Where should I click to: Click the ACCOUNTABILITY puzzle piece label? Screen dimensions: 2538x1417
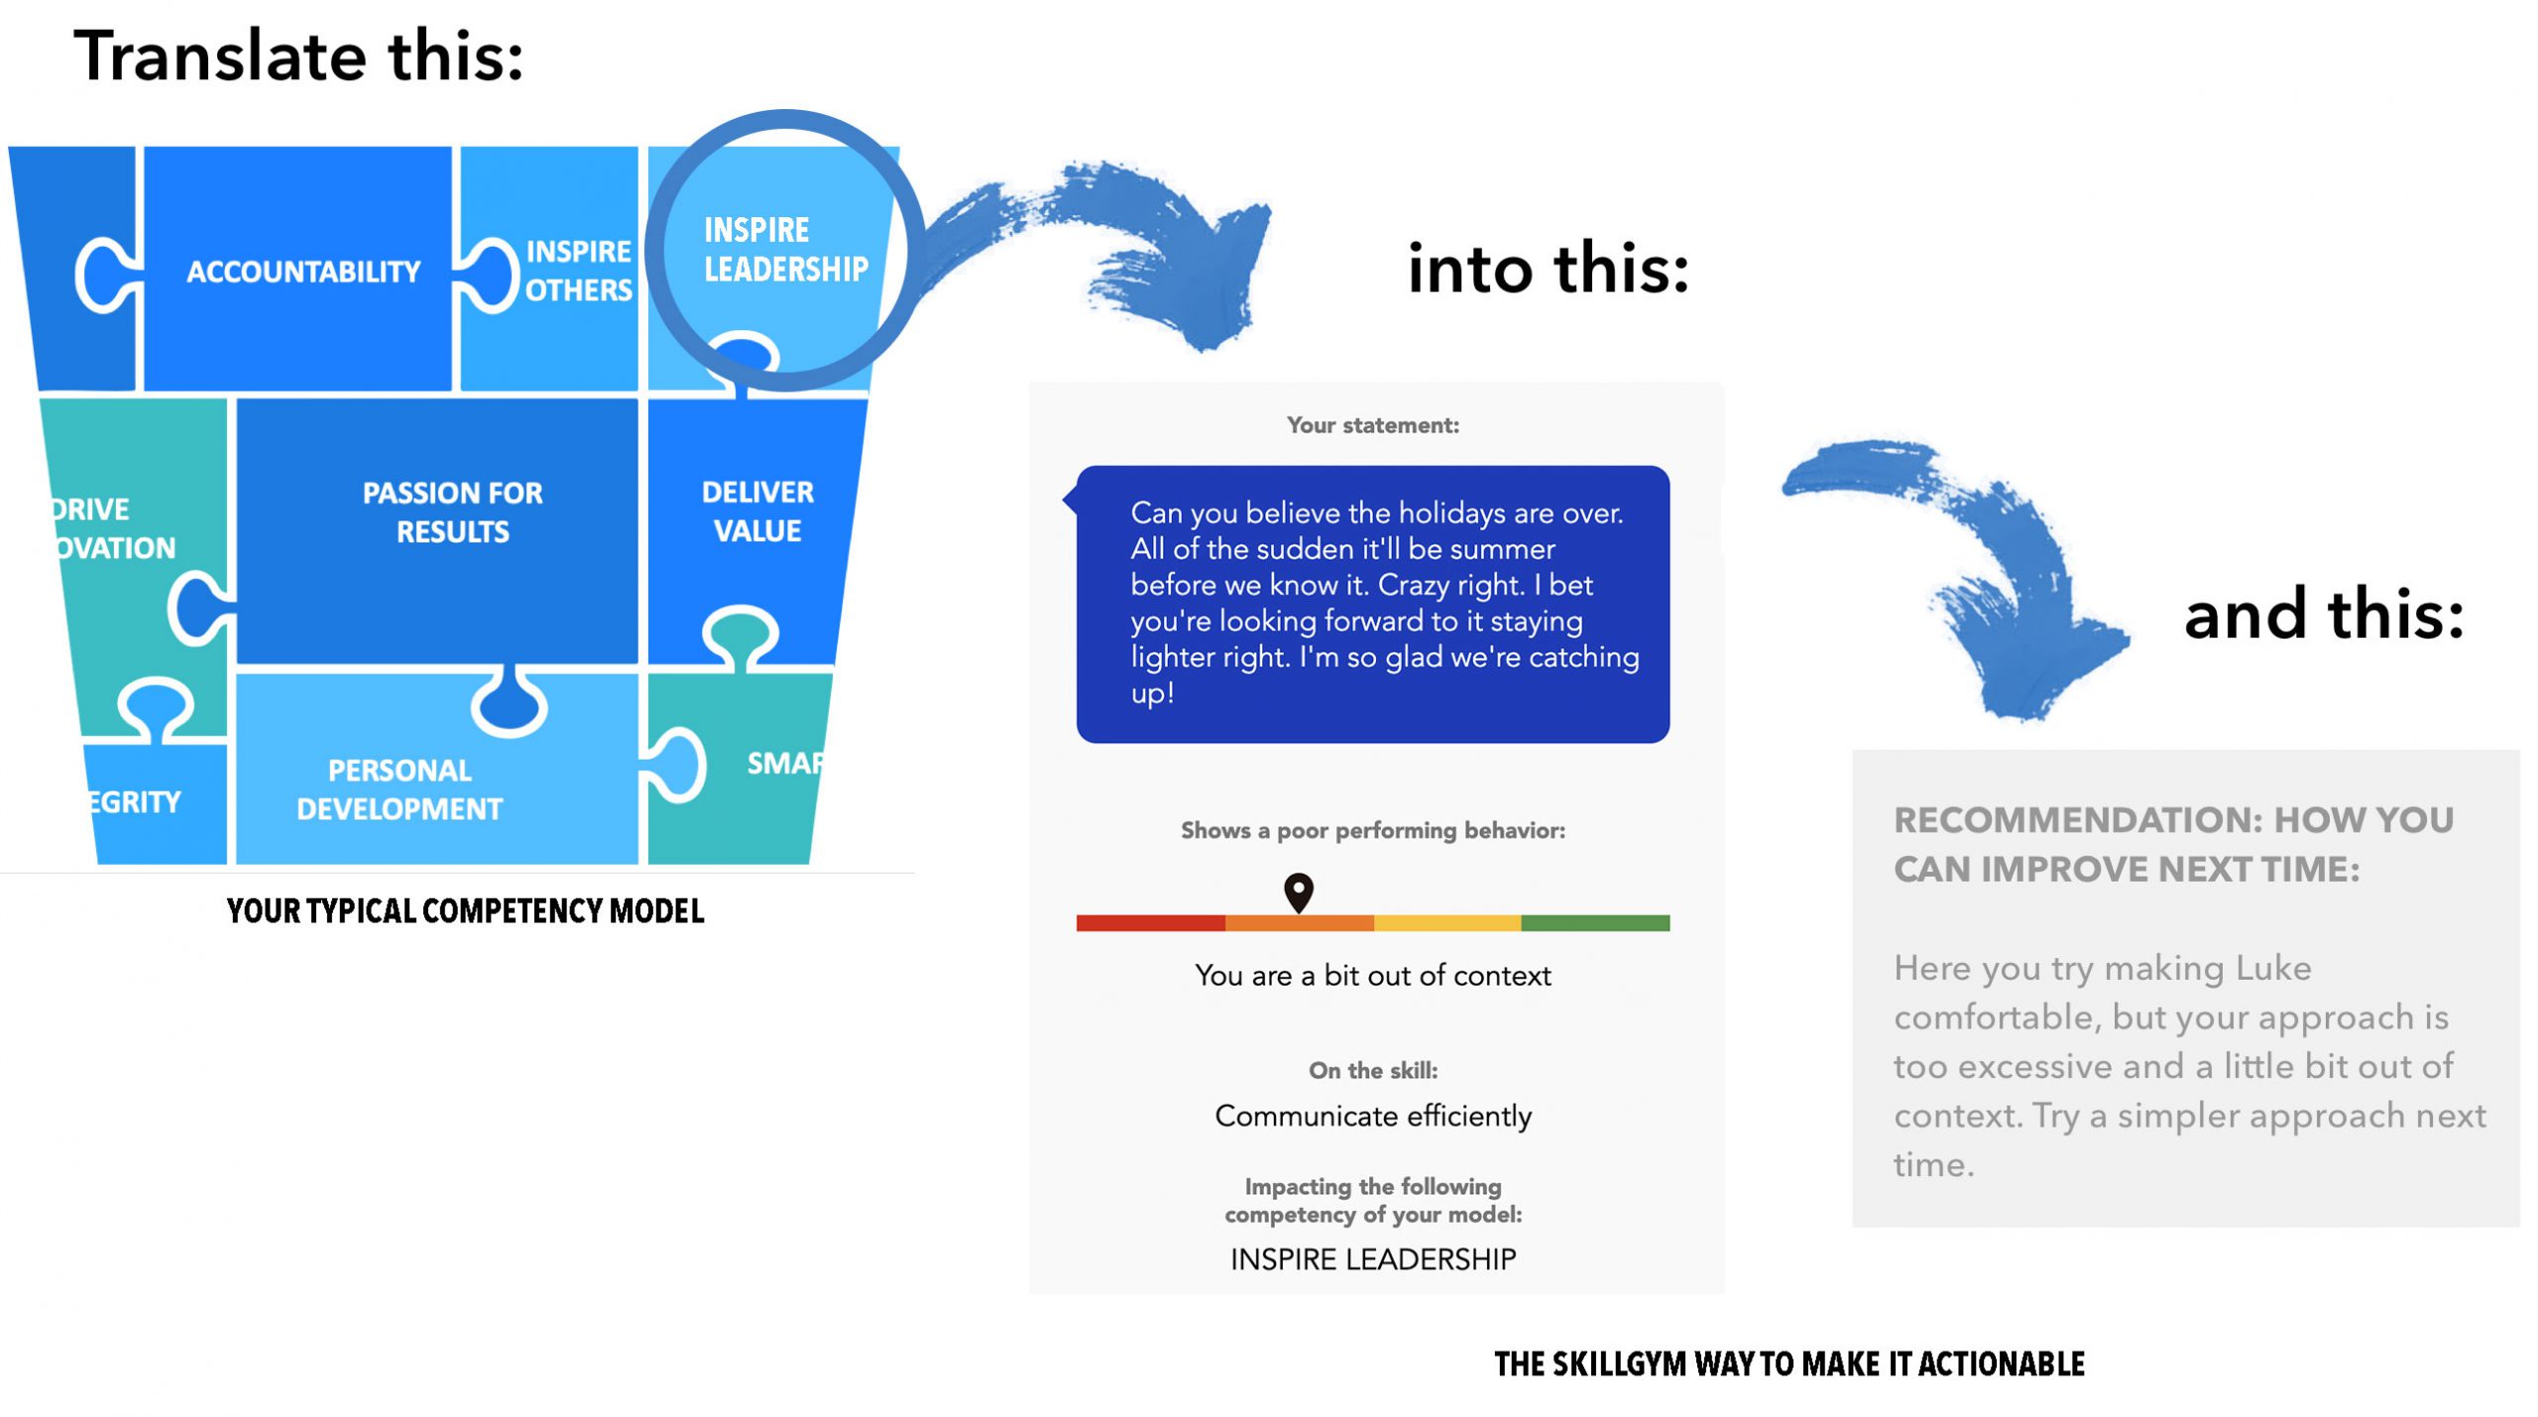point(303,271)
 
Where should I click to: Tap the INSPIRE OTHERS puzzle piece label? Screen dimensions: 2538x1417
point(578,270)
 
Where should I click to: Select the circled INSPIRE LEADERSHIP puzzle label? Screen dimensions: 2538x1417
point(786,249)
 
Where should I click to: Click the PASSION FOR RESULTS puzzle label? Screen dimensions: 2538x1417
point(452,512)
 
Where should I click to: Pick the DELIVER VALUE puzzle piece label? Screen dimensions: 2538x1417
point(757,511)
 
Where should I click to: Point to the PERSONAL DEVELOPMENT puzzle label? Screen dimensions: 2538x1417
point(400,789)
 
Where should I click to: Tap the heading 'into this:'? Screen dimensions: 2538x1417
point(1549,268)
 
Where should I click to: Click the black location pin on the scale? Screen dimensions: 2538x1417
point(1299,892)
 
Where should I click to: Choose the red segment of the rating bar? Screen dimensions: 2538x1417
point(1151,923)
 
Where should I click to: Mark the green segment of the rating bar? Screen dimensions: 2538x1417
point(1595,923)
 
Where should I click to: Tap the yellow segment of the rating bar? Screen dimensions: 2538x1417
point(1447,923)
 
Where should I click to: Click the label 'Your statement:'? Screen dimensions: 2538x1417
point(1373,425)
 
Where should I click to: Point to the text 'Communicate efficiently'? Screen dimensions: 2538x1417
point(1373,1117)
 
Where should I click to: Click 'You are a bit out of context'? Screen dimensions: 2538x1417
point(1373,976)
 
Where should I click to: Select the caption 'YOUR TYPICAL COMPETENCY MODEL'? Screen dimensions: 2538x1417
point(465,910)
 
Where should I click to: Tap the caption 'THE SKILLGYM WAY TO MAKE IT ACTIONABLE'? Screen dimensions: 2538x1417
point(1789,1364)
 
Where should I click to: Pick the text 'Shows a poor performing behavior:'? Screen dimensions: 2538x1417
point(1373,831)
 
